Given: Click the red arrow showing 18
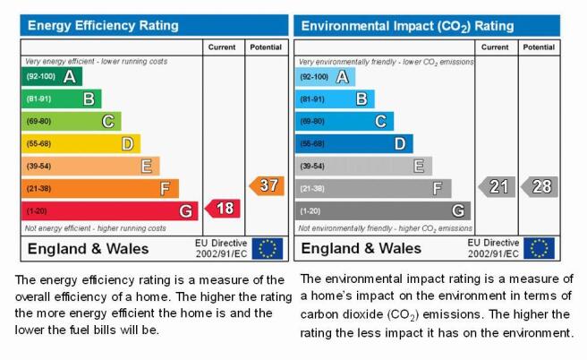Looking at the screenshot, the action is click(x=223, y=209).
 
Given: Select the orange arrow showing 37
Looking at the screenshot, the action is click(x=267, y=185).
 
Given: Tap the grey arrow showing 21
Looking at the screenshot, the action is click(x=497, y=186).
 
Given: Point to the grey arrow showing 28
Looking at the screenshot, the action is click(x=540, y=186).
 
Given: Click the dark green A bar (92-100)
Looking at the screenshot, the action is click(x=52, y=76).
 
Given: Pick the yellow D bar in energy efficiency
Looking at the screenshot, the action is click(x=81, y=144).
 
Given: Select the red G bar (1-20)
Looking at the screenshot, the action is click(x=110, y=211).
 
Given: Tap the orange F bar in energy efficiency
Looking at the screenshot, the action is click(x=100, y=188).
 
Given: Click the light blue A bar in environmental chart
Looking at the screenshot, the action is click(x=325, y=77).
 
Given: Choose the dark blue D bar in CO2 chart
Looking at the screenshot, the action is click(x=353, y=144).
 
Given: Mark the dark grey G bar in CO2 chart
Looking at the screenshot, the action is click(x=383, y=211).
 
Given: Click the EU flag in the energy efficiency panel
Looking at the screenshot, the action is click(x=268, y=248).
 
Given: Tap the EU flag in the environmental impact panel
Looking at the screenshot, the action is click(x=539, y=248).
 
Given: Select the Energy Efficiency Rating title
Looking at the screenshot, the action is click(x=103, y=25).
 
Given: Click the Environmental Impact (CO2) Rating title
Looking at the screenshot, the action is click(x=407, y=26).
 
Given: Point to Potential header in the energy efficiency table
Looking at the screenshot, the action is click(x=266, y=47).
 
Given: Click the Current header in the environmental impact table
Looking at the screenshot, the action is click(x=495, y=47).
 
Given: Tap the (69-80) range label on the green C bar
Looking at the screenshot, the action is click(x=38, y=122).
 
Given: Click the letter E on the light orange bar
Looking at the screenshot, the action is click(x=147, y=167).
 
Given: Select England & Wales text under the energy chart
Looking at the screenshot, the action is click(x=88, y=249).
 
